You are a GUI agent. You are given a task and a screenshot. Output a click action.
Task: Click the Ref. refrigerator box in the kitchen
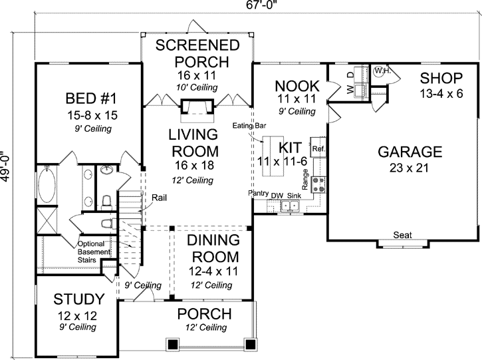(x=318, y=149)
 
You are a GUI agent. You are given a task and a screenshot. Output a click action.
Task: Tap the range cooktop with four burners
(x=318, y=183)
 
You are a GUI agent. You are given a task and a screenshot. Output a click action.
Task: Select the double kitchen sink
(x=291, y=206)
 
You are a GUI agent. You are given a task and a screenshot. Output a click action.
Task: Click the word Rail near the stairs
(x=159, y=197)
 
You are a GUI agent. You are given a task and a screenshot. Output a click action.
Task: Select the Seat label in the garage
(x=401, y=235)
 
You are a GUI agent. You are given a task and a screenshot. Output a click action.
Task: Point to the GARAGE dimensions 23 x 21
(x=410, y=168)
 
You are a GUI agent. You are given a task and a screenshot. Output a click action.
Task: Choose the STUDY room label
(x=79, y=299)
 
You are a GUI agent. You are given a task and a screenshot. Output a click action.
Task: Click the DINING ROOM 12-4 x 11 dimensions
(x=211, y=271)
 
